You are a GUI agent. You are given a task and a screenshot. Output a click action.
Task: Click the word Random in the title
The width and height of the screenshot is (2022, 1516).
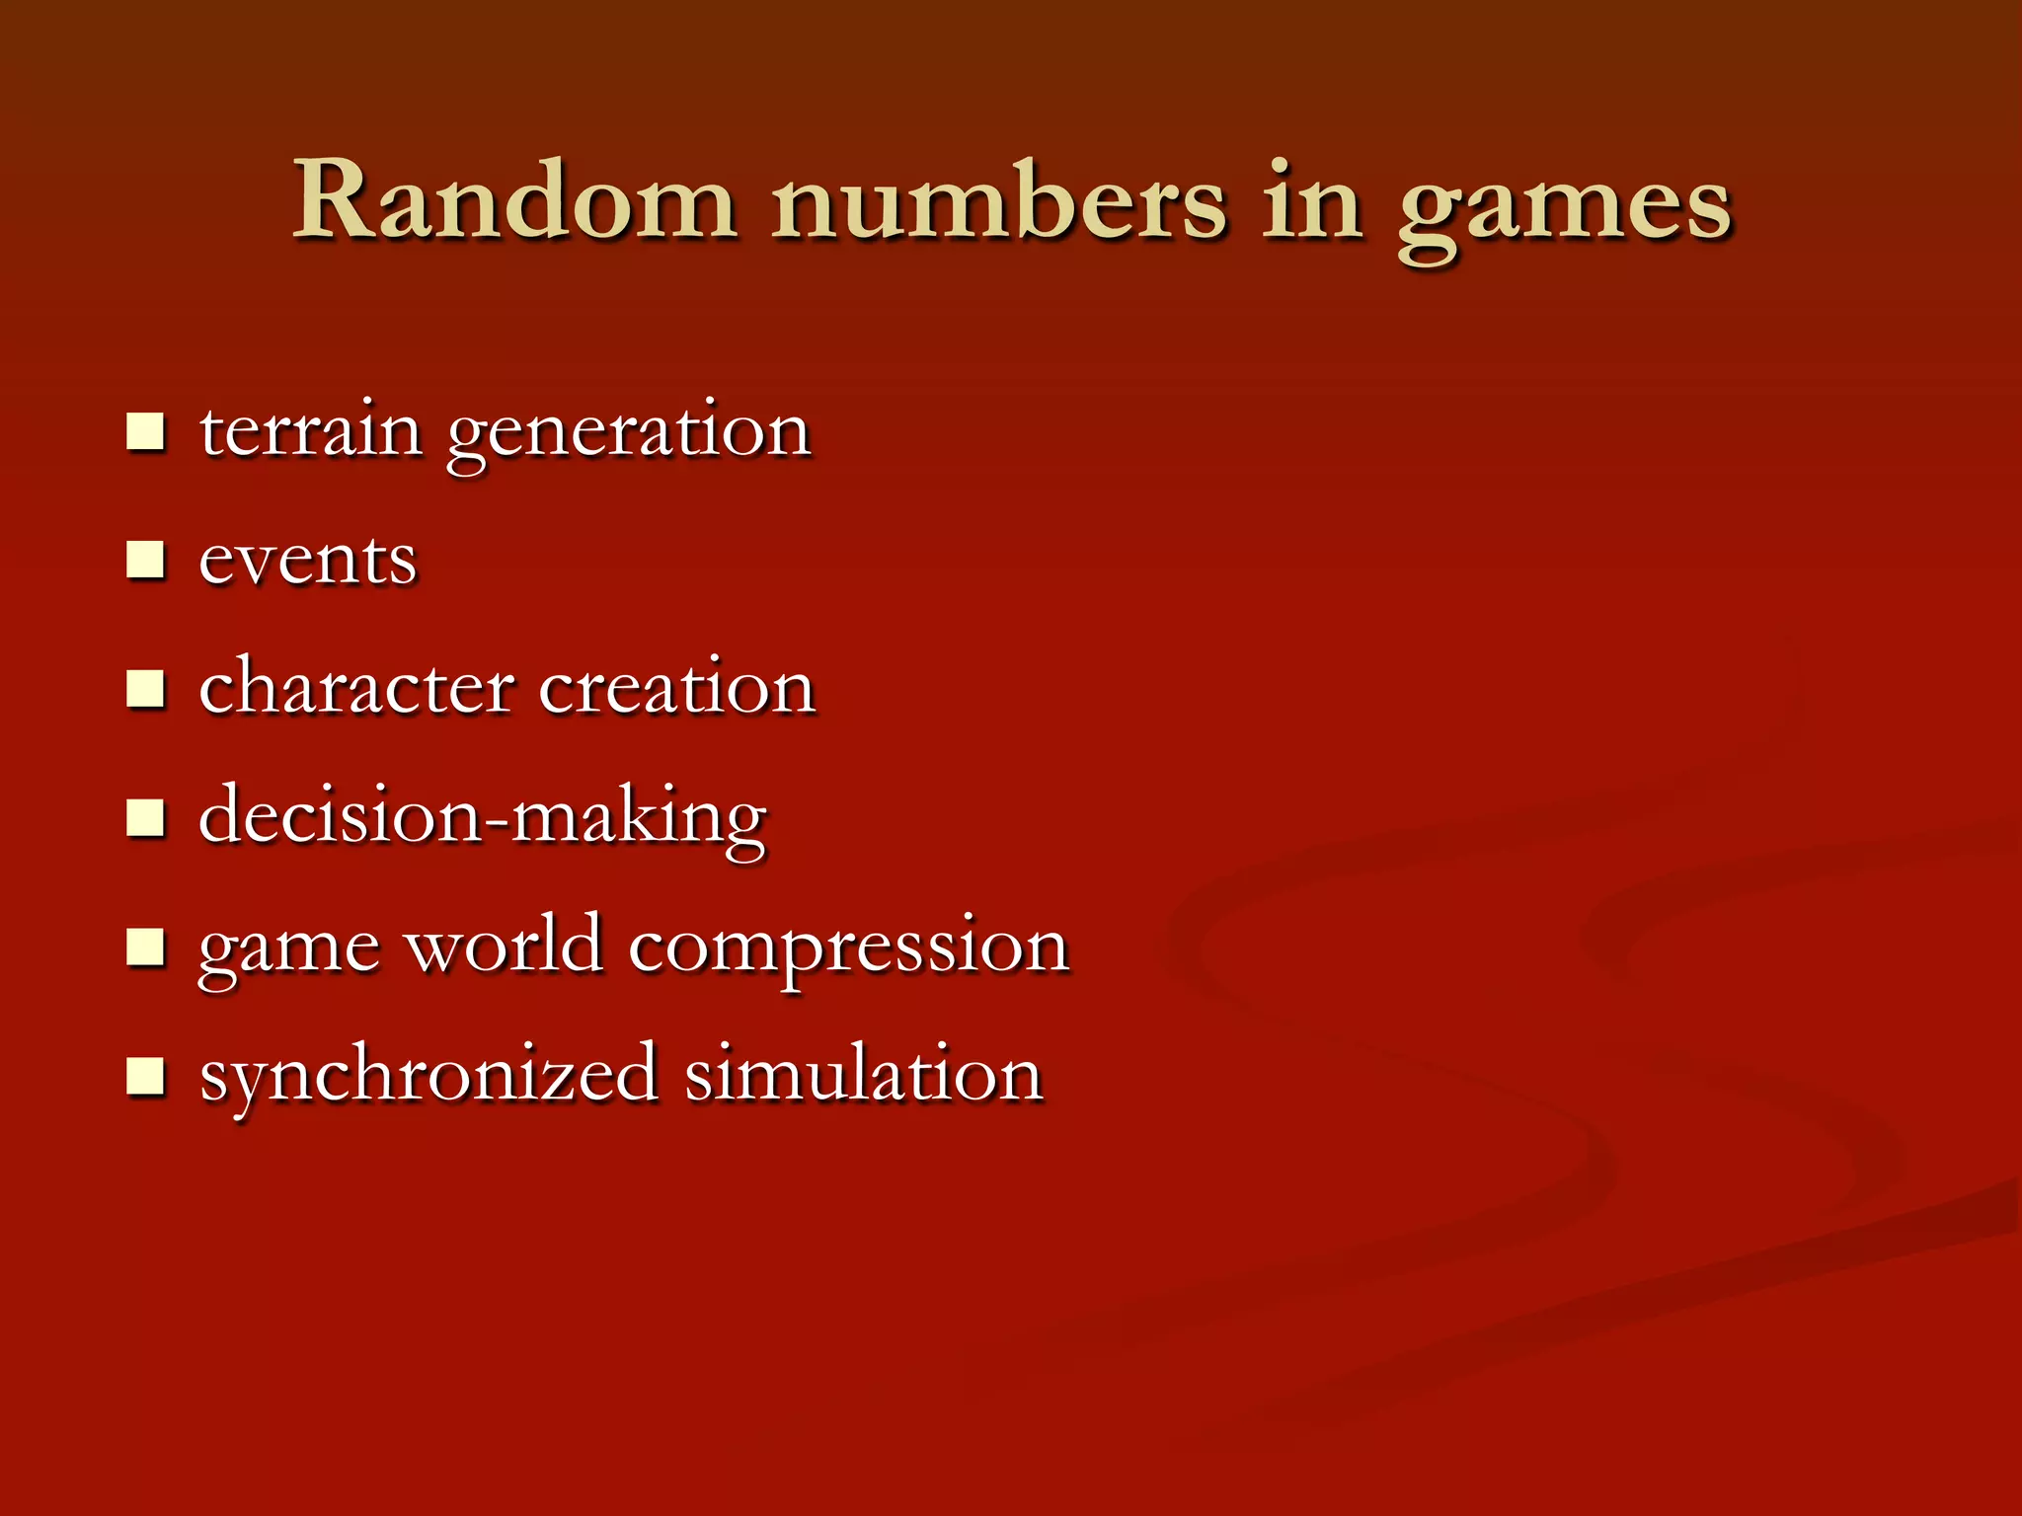pos(513,202)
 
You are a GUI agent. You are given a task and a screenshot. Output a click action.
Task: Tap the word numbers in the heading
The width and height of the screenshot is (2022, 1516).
pos(998,202)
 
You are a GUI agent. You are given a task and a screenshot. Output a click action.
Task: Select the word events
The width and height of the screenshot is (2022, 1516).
pos(308,561)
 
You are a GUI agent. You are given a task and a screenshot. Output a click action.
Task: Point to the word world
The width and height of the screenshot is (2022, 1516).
pos(505,946)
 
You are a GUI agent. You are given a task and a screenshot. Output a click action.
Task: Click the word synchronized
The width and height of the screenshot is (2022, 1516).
pos(428,1076)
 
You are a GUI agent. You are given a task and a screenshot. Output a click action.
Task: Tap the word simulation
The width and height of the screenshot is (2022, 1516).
pos(864,1074)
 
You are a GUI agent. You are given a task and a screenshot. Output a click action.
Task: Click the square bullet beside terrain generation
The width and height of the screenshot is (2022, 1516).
pos(145,432)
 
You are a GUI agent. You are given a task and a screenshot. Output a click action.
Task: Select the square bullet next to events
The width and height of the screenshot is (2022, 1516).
pos(145,561)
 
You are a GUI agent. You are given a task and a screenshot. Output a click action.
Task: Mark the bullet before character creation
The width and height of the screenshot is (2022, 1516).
pos(145,689)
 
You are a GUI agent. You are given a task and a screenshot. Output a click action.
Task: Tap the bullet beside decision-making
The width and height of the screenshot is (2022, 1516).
pos(145,818)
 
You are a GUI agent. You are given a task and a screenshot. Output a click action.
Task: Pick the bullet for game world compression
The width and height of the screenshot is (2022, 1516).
pos(145,947)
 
